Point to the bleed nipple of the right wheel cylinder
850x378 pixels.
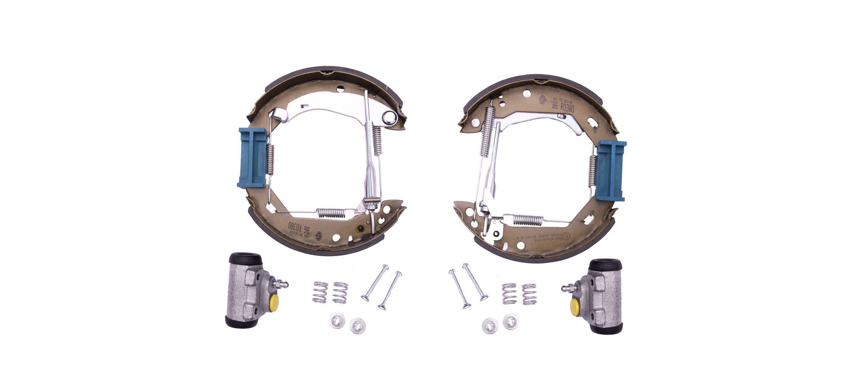(x=568, y=288)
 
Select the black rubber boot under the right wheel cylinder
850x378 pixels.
(x=606, y=328)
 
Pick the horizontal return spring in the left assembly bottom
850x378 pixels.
(x=331, y=213)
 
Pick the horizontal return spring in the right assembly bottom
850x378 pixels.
(x=528, y=219)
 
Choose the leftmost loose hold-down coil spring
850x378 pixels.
(x=320, y=292)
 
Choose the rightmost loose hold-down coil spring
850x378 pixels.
(x=529, y=294)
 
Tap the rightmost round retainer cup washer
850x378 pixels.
(x=510, y=321)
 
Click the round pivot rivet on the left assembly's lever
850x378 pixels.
(x=388, y=118)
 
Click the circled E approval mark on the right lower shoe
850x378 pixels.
(x=566, y=236)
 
